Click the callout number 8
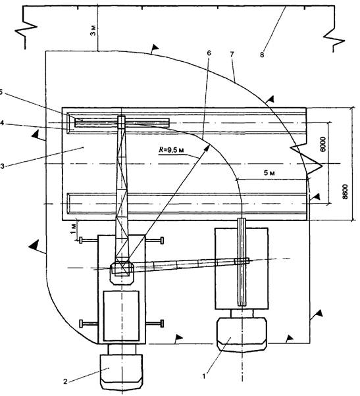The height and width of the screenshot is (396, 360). tap(262, 55)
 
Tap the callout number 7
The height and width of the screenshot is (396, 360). tap(232, 54)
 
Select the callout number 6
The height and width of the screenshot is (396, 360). tap(209, 53)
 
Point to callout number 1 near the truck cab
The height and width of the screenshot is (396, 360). tap(204, 376)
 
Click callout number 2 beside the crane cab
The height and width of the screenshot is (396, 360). tap(65, 382)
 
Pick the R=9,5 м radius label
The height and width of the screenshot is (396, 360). tap(171, 150)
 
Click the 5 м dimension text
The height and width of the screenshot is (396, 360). tap(270, 173)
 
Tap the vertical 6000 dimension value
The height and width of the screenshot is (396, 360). tap(322, 145)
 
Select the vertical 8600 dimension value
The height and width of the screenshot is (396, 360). tap(345, 192)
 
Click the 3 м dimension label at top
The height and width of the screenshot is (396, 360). tap(93, 30)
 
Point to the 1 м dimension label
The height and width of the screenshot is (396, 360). tap(73, 228)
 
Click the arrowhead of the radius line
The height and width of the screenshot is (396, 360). tap(207, 148)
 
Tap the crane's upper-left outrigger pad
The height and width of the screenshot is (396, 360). tap(81, 240)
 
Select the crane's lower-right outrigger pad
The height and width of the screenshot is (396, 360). tap(162, 323)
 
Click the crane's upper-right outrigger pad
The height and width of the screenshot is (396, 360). tap(162, 240)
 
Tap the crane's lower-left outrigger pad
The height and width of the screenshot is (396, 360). tap(81, 324)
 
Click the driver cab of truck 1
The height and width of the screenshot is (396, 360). tap(242, 334)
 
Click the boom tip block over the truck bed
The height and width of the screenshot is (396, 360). tap(242, 261)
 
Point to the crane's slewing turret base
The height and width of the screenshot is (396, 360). tap(122, 273)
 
